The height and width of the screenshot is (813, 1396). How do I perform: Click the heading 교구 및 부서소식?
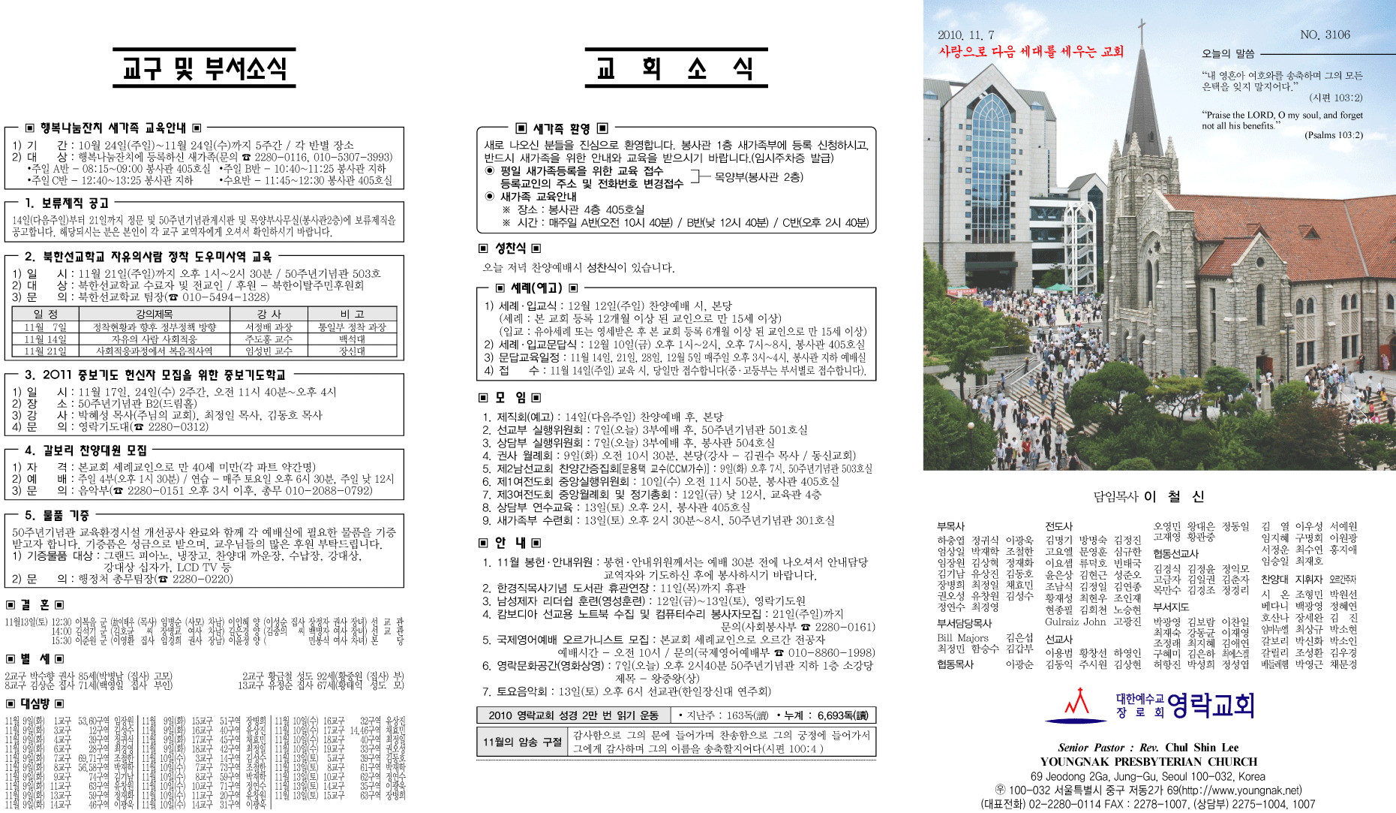[204, 69]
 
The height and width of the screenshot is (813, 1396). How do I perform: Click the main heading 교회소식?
[675, 69]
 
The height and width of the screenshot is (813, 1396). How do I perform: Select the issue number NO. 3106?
[1325, 35]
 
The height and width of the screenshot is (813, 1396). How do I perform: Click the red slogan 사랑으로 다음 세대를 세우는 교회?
[1031, 52]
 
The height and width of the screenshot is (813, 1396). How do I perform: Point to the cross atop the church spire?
[1142, 30]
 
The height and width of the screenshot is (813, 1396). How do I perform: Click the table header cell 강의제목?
[154, 314]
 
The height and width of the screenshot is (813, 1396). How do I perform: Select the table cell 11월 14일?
[45, 339]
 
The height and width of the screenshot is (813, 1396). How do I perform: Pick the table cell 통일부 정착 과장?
[351, 327]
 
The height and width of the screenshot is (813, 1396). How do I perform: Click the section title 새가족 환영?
[561, 128]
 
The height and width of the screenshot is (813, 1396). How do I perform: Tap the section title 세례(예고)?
[536, 288]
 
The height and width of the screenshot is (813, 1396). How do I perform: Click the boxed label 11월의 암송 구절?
[522, 742]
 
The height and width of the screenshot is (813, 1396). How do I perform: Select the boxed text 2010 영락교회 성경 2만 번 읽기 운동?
[573, 715]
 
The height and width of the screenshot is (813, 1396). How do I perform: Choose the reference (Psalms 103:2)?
[1333, 135]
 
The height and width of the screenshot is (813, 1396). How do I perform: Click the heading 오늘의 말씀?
[1228, 53]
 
